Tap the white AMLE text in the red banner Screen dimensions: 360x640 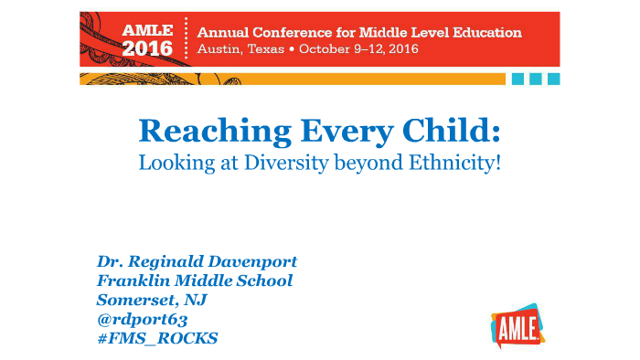(147, 29)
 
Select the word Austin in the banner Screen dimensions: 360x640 (219, 50)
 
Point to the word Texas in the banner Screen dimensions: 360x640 (270, 50)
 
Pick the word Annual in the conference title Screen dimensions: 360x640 (225, 32)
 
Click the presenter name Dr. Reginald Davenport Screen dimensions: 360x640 (197, 261)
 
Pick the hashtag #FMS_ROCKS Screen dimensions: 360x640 (157, 338)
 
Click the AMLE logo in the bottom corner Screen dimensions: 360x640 (517, 323)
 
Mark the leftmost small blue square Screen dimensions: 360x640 (518, 79)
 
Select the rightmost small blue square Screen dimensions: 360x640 (553, 79)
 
